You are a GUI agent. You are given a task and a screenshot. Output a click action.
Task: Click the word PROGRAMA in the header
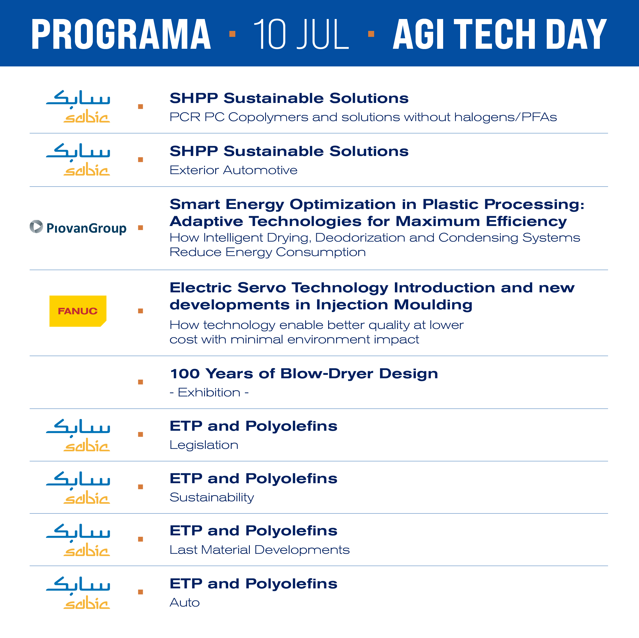click(x=121, y=34)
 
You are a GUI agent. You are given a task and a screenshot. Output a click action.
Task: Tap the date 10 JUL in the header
click(x=301, y=34)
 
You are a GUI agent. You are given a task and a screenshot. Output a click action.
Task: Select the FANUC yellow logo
click(x=78, y=311)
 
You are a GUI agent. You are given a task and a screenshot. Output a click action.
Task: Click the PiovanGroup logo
click(x=78, y=227)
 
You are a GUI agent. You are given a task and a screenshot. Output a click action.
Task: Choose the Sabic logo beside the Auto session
click(x=78, y=592)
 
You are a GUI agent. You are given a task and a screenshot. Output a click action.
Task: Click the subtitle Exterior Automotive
click(x=234, y=170)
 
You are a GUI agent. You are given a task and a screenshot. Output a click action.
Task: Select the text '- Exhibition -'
click(x=209, y=392)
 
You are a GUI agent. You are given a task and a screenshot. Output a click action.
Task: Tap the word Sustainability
click(x=212, y=498)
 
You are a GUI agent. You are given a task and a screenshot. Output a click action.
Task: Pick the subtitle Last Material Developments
click(x=260, y=550)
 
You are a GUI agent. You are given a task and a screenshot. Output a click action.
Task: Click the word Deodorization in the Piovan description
click(x=360, y=238)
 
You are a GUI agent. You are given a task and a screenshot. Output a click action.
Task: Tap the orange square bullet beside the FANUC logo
click(x=141, y=311)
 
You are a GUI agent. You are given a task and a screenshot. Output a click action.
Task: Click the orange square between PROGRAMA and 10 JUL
click(x=232, y=34)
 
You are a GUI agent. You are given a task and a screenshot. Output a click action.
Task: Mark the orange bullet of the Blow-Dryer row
click(x=141, y=382)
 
